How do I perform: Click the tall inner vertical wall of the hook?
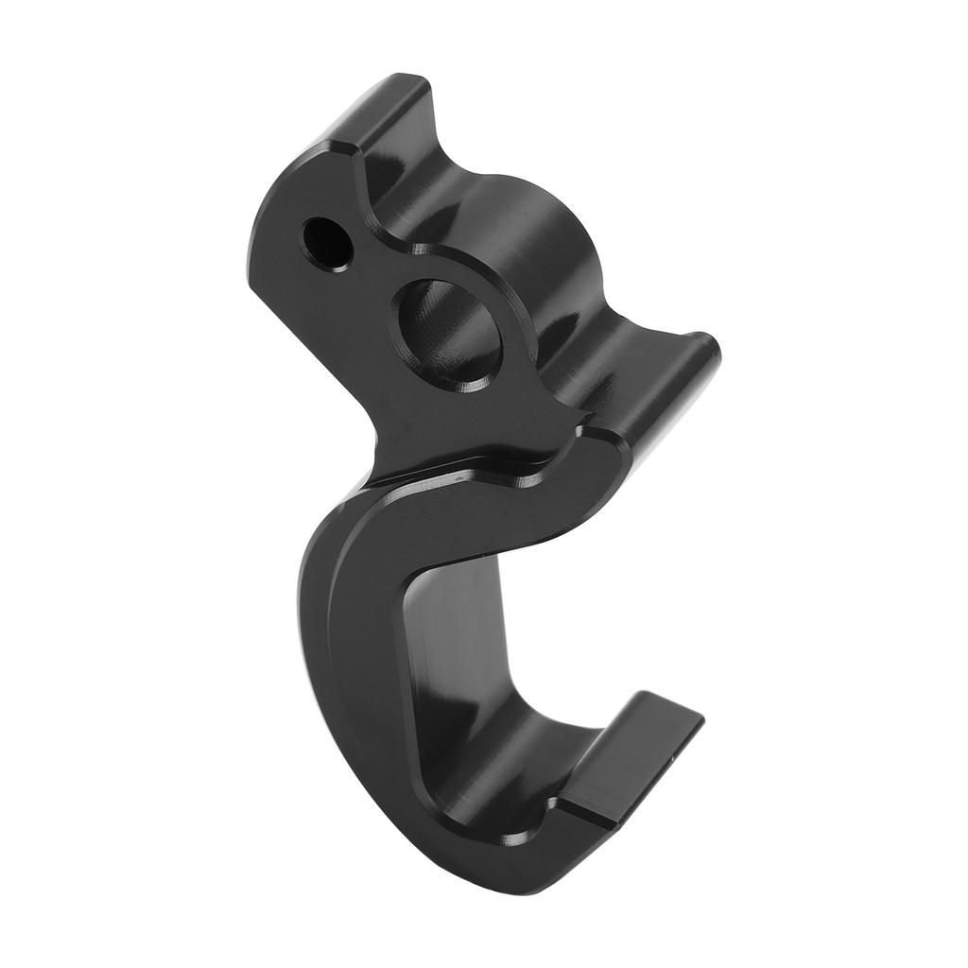click(454, 643)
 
